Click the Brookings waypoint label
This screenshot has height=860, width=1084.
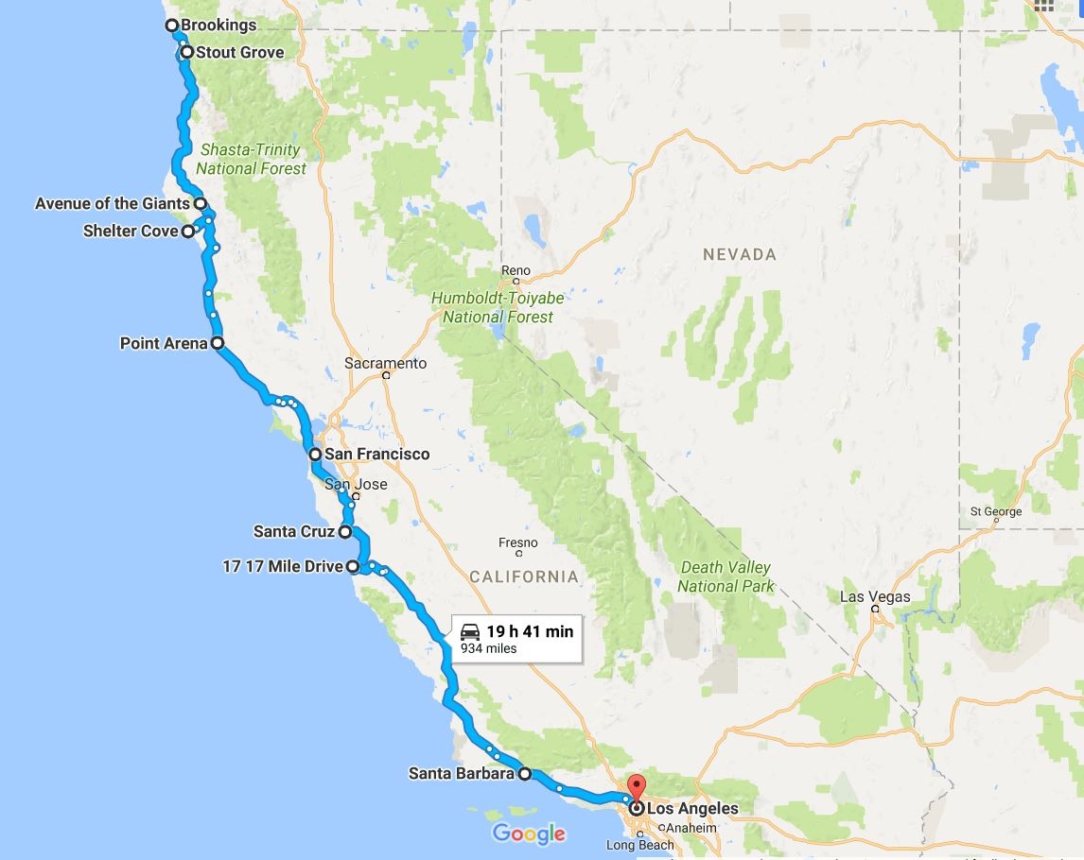(x=219, y=26)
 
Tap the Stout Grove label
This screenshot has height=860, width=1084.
(x=239, y=52)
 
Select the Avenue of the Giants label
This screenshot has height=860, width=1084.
(x=113, y=203)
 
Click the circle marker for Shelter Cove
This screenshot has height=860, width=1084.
(x=188, y=231)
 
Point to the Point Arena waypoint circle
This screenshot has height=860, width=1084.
(x=218, y=343)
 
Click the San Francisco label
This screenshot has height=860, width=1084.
(x=376, y=455)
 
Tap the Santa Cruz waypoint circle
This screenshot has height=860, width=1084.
(x=345, y=532)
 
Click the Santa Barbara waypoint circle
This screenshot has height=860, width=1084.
(x=525, y=774)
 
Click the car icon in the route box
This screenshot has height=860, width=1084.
(x=469, y=631)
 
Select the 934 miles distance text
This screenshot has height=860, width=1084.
(x=488, y=649)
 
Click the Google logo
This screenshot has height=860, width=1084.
(x=529, y=834)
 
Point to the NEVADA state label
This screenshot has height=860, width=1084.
(x=739, y=254)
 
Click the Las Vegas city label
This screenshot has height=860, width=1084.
(x=875, y=596)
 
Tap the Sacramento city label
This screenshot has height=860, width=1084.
(x=385, y=363)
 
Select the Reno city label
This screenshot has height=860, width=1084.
(x=516, y=271)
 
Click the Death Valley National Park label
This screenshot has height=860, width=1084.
(x=726, y=576)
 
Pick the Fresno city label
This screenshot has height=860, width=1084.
(x=517, y=542)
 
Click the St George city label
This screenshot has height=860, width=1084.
(x=995, y=512)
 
